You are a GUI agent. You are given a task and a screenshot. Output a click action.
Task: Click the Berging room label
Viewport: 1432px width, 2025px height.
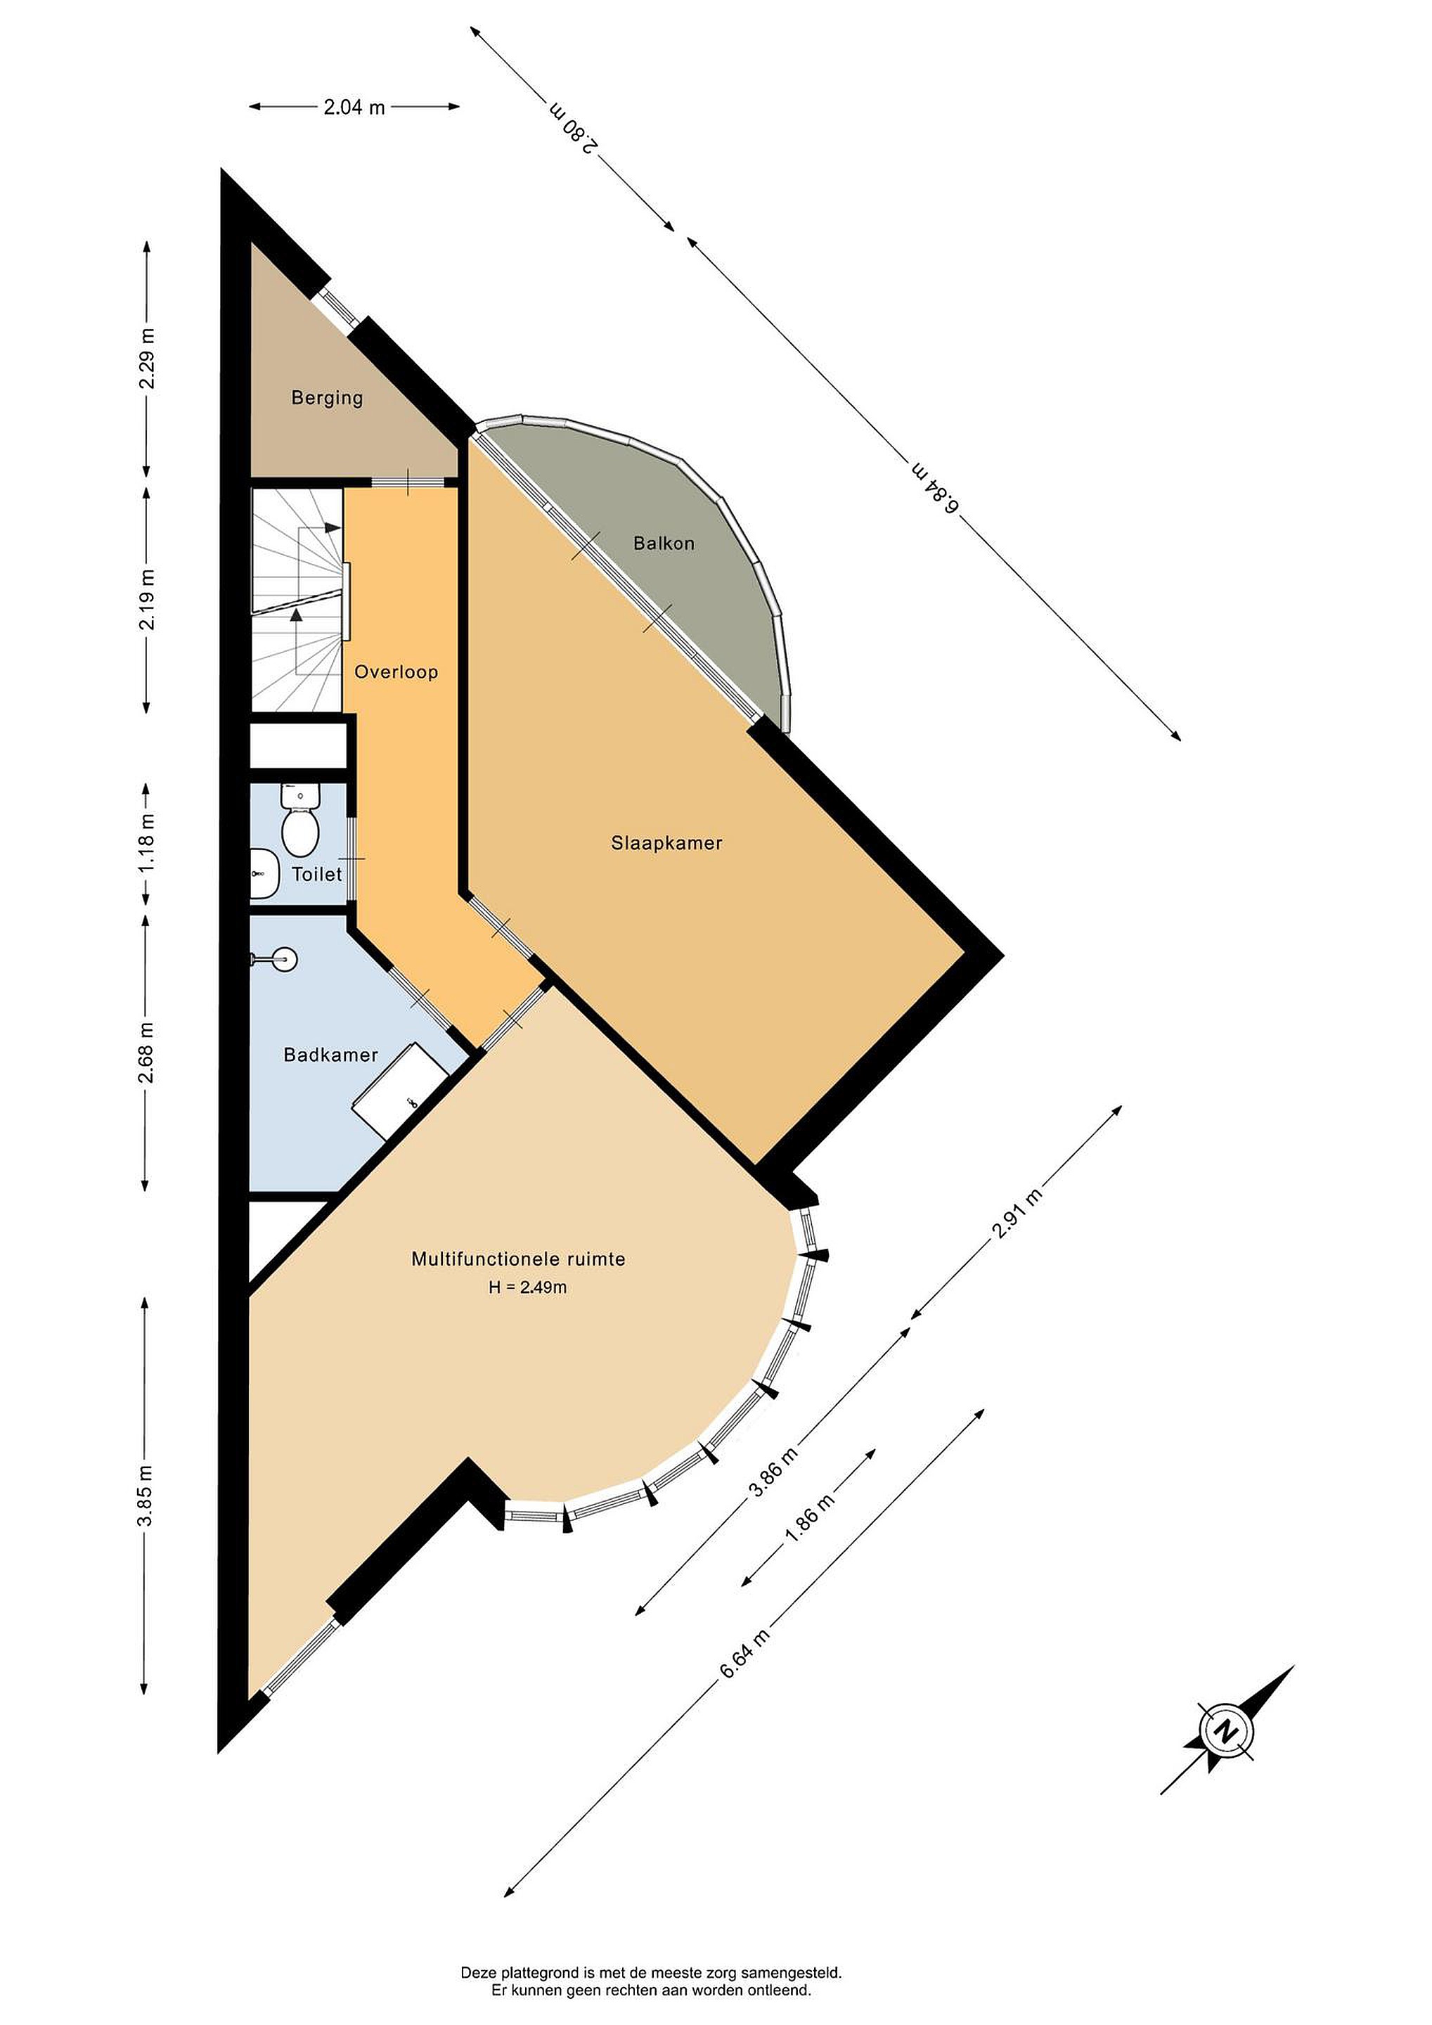(327, 398)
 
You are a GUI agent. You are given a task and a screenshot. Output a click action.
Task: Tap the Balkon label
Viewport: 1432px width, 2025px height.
(664, 544)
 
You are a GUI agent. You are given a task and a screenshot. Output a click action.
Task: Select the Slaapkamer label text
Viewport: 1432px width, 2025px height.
(666, 843)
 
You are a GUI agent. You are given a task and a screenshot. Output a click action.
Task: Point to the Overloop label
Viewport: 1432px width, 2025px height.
(396, 672)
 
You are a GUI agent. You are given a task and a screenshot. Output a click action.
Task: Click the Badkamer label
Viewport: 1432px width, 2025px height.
(330, 1055)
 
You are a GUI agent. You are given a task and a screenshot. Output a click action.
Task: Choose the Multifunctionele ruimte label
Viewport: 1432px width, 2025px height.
(519, 1259)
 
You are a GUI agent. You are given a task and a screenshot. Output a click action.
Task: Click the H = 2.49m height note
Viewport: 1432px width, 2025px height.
(528, 1287)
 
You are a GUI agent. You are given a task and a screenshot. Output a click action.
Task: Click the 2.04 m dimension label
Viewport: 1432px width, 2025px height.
(354, 108)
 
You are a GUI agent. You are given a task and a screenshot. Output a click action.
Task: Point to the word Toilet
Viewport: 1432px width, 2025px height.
(316, 874)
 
